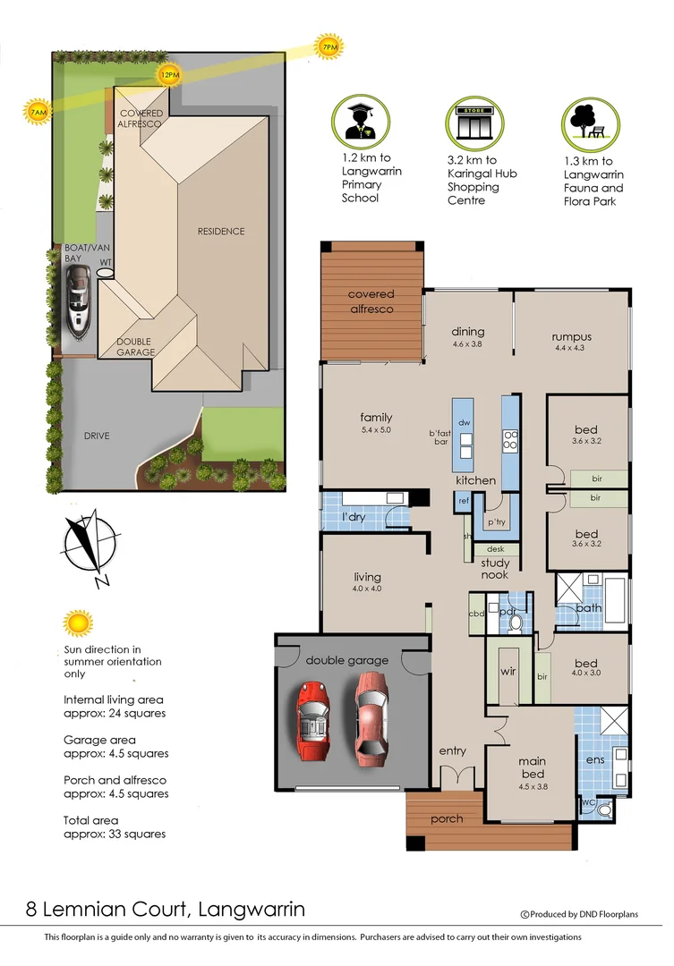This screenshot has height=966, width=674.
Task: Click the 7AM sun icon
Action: [38, 113]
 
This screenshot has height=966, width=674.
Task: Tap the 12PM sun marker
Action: [168, 76]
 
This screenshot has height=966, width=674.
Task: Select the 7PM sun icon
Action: [328, 47]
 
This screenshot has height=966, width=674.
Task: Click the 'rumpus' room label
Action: [573, 337]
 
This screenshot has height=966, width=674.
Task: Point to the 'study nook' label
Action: [495, 569]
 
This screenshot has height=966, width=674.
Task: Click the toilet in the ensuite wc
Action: [604, 809]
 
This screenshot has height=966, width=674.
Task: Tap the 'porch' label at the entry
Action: [447, 818]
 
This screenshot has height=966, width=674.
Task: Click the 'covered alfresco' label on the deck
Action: [371, 301]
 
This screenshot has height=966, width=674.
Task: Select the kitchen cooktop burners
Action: [511, 440]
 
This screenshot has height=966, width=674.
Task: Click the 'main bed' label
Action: [532, 767]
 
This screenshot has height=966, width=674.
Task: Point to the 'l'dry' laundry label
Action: [352, 518]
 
